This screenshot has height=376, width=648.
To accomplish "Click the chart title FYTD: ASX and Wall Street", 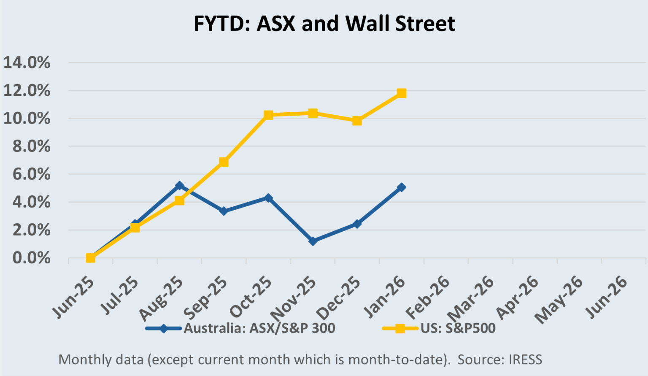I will (x=324, y=24).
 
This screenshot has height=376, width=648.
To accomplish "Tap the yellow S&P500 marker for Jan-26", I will (x=401, y=93).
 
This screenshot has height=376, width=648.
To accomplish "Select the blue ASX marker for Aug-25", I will (x=179, y=185).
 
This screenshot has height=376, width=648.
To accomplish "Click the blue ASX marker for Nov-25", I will (x=313, y=241).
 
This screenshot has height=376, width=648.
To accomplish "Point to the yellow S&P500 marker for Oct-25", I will (x=268, y=115).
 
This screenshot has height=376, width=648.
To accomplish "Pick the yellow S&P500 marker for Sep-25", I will (x=224, y=162).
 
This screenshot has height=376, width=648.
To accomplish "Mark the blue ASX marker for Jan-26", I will (x=401, y=187).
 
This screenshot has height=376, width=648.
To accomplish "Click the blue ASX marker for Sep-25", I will (x=224, y=211).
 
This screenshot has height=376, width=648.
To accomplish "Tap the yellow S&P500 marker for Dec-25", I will (x=357, y=121).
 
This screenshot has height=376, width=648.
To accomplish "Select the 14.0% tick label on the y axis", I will (x=27, y=63).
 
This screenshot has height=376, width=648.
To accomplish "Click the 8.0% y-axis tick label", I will (x=31, y=146).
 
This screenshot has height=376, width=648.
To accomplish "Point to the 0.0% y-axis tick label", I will (x=31, y=258).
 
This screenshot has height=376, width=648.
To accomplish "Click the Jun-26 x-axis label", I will (x=607, y=297).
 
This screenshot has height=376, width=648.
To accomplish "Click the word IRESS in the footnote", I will (x=525, y=360).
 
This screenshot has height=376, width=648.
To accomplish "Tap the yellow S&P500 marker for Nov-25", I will (x=313, y=113).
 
